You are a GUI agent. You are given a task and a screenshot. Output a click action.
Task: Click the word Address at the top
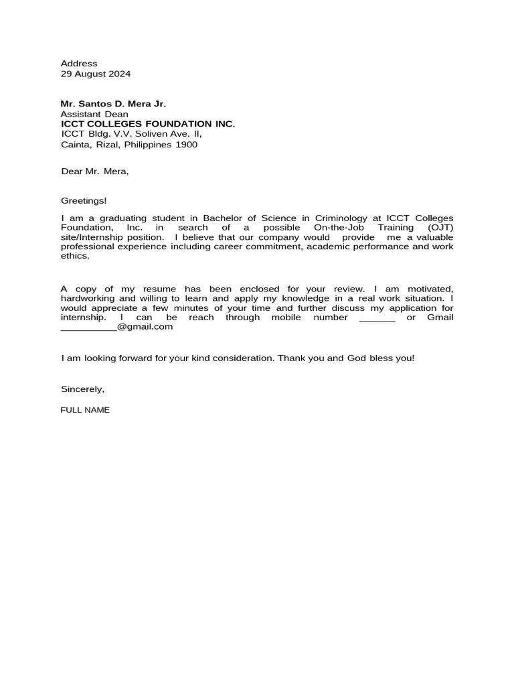click(79, 64)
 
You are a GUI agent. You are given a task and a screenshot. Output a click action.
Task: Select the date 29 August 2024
click(96, 74)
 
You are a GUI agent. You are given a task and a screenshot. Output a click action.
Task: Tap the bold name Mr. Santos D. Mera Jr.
click(113, 104)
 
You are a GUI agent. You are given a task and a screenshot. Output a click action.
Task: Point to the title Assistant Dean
click(94, 114)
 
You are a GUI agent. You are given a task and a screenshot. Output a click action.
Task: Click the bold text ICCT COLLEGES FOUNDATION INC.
click(148, 124)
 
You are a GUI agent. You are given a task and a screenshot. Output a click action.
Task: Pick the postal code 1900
click(187, 144)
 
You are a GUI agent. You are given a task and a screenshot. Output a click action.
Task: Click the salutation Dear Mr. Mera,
click(94, 171)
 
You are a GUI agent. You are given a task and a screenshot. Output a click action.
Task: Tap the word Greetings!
click(84, 200)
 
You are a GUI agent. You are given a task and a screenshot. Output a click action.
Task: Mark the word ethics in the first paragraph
click(74, 256)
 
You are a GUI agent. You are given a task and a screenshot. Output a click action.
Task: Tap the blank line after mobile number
click(377, 318)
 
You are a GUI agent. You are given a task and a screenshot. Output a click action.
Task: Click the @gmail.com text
click(145, 327)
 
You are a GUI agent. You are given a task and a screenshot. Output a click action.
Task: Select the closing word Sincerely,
click(83, 389)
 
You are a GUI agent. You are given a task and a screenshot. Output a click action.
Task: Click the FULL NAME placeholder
click(85, 409)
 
